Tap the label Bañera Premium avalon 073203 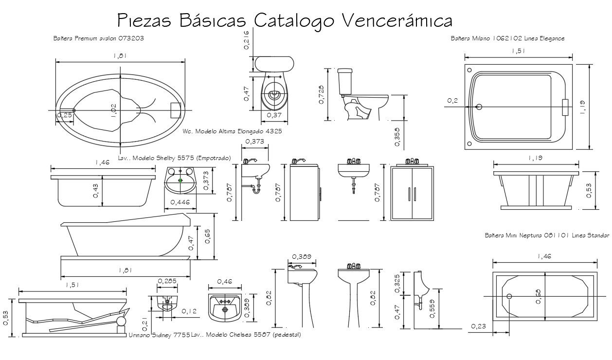pyautogui.click(x=98, y=38)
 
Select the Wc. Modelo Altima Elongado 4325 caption pyautogui.click(x=233, y=131)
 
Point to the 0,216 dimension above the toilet pyautogui.click(x=247, y=40)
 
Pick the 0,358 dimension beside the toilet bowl pyautogui.click(x=396, y=137)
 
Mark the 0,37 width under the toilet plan pyautogui.click(x=275, y=115)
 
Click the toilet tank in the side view pyautogui.click(x=345, y=81)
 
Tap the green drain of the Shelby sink pyautogui.click(x=180, y=180)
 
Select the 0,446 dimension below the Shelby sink pyautogui.click(x=180, y=202)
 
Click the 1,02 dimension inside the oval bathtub pyautogui.click(x=114, y=110)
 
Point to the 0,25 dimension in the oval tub pyautogui.click(x=65, y=115)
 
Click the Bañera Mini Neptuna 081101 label pyautogui.click(x=547, y=235)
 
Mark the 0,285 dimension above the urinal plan pyautogui.click(x=167, y=281)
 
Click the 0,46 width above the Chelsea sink pyautogui.click(x=224, y=281)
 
